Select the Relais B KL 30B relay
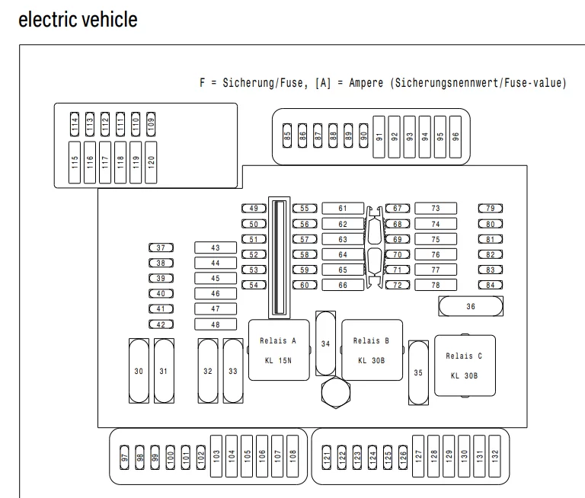point(371,350)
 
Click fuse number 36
point(471,305)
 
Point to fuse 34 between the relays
point(325,343)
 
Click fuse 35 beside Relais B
point(417,372)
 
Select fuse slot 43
point(215,247)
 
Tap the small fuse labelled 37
point(161,247)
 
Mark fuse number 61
point(343,208)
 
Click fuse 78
point(435,285)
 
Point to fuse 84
point(491,285)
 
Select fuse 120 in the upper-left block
point(151,161)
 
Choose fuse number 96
point(456,137)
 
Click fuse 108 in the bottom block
point(293,456)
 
